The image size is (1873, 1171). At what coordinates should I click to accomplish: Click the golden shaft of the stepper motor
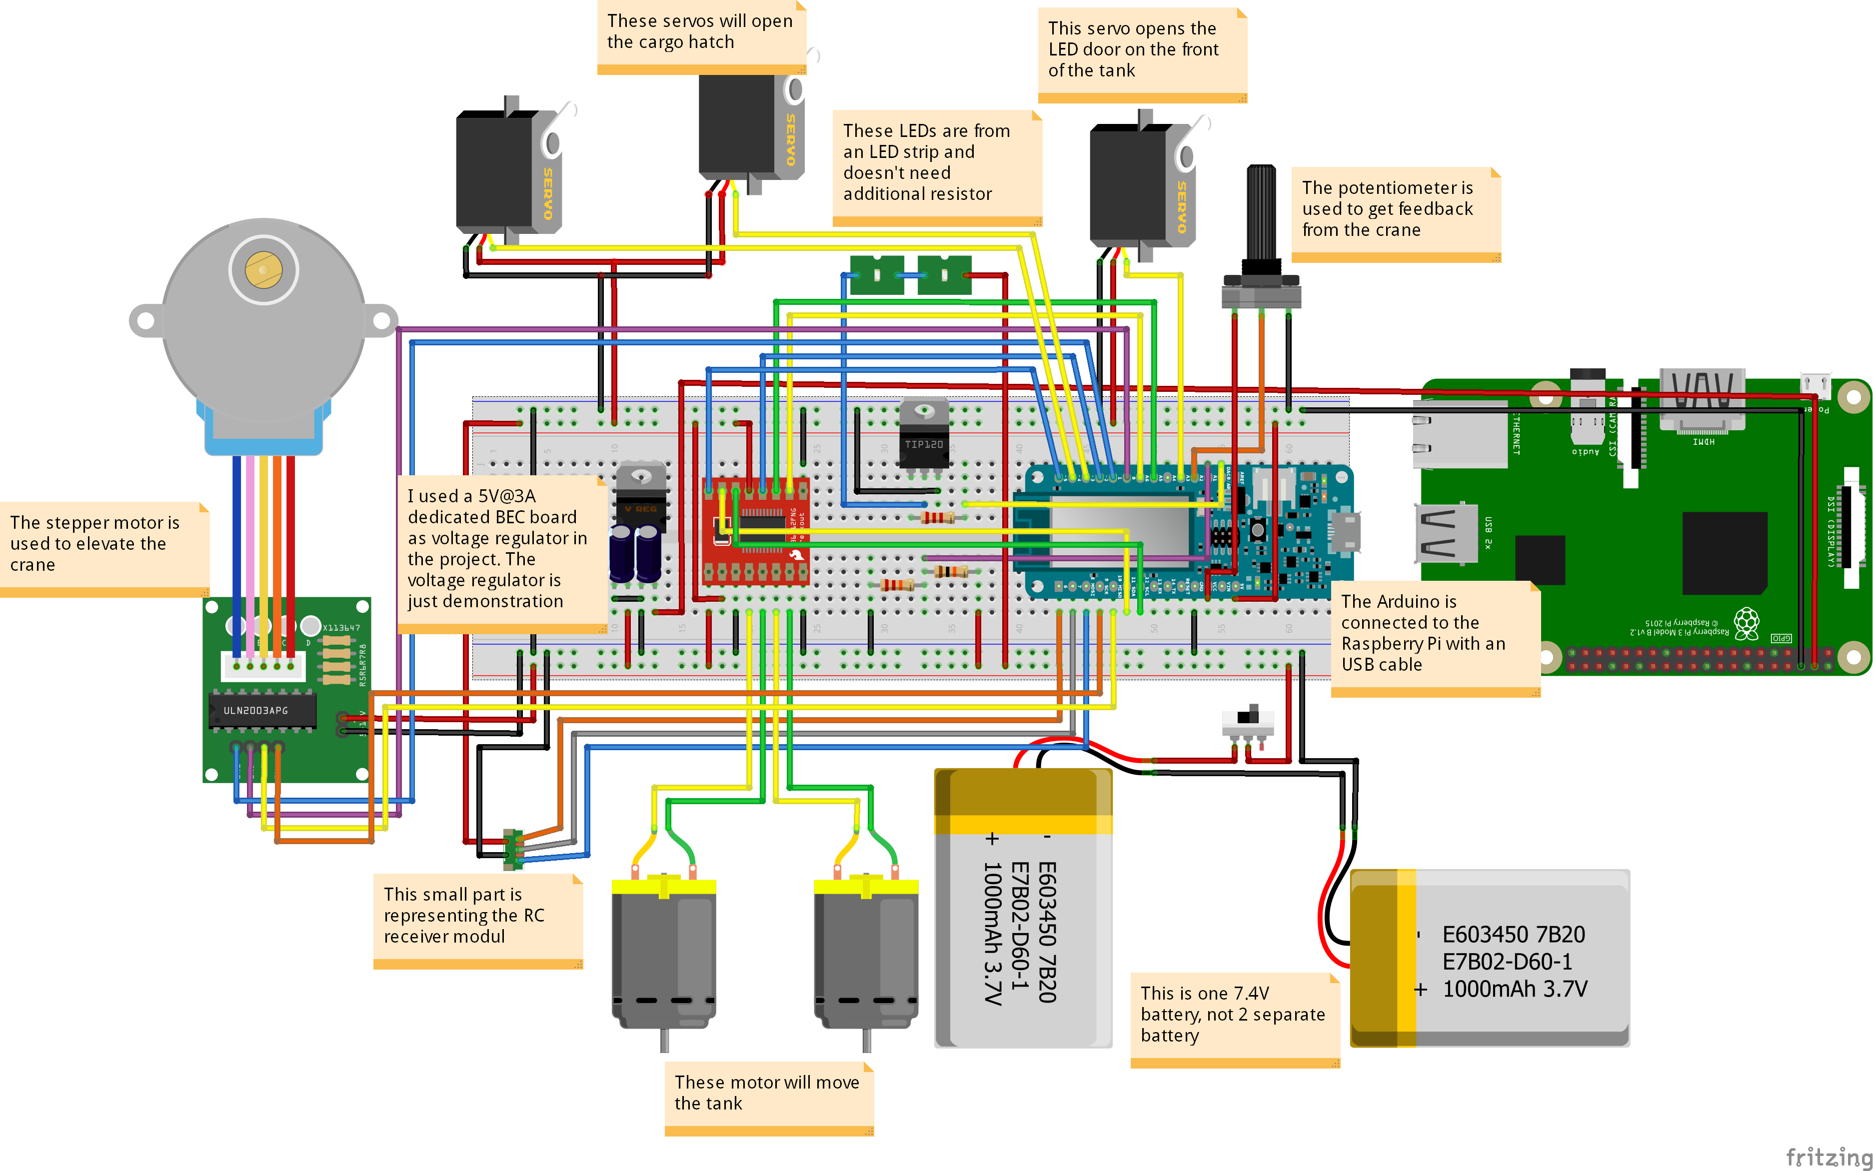[263, 269]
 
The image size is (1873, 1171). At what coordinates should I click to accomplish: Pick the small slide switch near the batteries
[1248, 720]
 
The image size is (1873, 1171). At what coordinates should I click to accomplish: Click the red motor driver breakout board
[755, 530]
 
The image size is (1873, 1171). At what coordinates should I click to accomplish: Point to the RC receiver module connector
[512, 849]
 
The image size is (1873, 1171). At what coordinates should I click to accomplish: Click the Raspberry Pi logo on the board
[1746, 623]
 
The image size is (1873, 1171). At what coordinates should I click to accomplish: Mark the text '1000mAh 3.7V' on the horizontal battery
[1515, 989]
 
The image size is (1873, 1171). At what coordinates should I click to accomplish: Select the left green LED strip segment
[877, 275]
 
